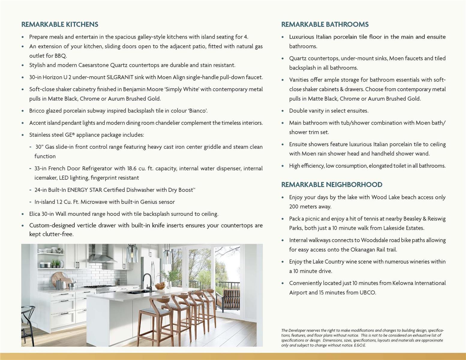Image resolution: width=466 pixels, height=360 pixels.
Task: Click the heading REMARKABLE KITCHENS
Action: [x=60, y=24]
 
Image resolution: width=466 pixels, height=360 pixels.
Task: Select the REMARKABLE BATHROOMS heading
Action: [x=325, y=24]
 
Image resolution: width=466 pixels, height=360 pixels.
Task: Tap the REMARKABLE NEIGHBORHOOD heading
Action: [x=332, y=184]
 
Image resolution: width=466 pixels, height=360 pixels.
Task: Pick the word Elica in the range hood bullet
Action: [x=35, y=214]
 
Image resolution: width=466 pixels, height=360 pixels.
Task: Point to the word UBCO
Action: [x=368, y=292]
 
